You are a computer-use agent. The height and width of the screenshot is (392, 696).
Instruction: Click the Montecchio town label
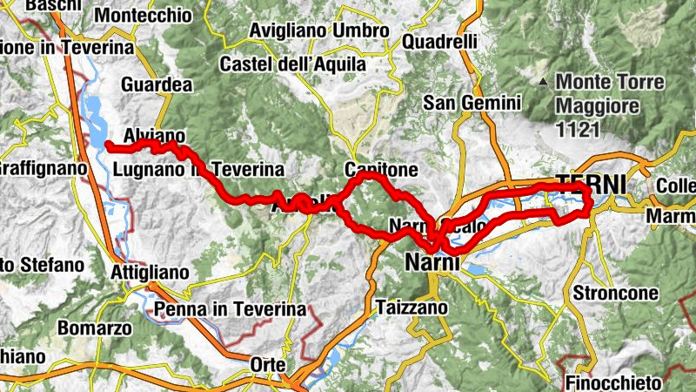point(143,16)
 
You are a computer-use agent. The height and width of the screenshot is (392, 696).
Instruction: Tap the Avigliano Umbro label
point(318,31)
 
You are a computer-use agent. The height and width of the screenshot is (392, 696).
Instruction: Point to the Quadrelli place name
point(440,41)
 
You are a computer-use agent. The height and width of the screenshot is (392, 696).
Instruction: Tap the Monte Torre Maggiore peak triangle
point(543,83)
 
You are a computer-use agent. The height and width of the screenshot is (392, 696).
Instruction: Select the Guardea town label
point(157,85)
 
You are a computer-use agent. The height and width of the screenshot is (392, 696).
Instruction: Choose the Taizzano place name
point(412,307)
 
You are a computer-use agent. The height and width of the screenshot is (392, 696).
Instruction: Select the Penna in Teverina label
point(230,309)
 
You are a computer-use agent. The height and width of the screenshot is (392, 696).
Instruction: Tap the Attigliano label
point(151,273)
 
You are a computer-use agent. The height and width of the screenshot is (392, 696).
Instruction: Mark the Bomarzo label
point(94,329)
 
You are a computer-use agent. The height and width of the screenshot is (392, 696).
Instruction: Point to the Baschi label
point(53,5)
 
